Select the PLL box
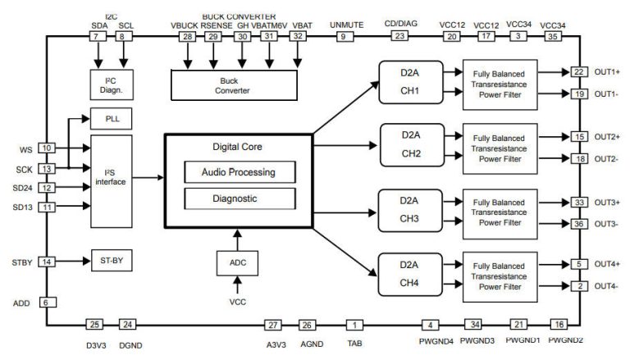point(111,119)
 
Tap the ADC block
point(237,263)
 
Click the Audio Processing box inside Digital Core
point(238,172)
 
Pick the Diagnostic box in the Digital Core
point(238,198)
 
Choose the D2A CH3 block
point(409,209)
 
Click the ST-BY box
point(111,262)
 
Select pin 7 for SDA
point(98,37)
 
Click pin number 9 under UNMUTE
point(343,37)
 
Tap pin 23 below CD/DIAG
point(400,37)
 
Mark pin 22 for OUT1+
point(578,72)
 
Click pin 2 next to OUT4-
point(578,285)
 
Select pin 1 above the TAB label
point(354,324)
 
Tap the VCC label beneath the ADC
point(237,302)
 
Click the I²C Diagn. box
point(111,84)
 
